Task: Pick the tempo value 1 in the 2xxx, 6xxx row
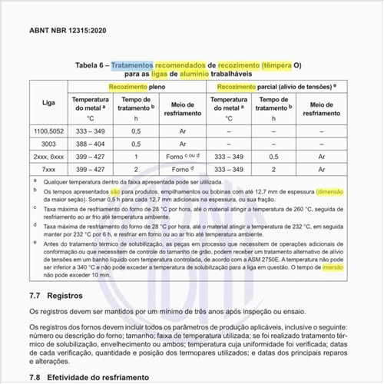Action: pyautogui.click(x=136, y=156)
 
